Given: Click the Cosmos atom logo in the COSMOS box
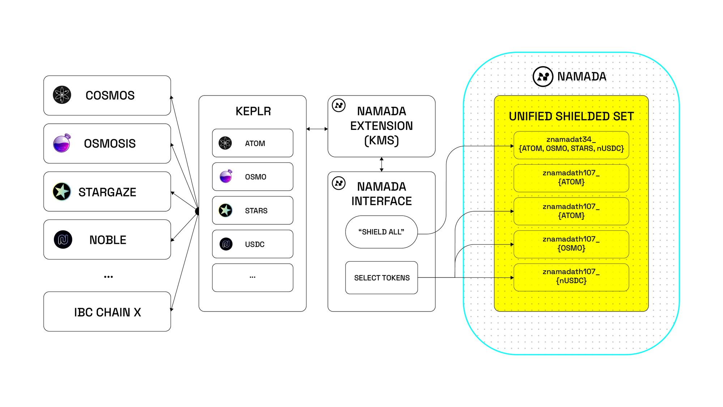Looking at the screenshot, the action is [x=62, y=95].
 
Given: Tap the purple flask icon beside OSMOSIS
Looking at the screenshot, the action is [x=62, y=143].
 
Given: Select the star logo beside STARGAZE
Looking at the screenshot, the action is [x=62, y=191].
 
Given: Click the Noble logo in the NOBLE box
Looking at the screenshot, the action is [x=63, y=239].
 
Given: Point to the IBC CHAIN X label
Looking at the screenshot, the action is [x=107, y=312].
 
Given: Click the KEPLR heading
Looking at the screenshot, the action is [x=253, y=111].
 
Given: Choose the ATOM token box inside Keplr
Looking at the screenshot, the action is [x=253, y=143].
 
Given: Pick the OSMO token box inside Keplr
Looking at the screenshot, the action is [x=253, y=177].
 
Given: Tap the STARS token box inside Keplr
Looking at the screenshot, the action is [x=253, y=210].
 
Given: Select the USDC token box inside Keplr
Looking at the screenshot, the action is [x=253, y=244].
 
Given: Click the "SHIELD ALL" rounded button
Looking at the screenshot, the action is [x=381, y=232].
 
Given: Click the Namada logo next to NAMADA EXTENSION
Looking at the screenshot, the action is [x=339, y=105].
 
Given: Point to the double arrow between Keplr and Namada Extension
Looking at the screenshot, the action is [x=317, y=129].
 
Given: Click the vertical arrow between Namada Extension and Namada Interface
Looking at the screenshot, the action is [x=381, y=164].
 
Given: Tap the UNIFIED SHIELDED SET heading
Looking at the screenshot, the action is [x=571, y=116].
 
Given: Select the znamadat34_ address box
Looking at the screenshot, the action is [x=571, y=145].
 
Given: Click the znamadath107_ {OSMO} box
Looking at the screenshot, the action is [x=571, y=244].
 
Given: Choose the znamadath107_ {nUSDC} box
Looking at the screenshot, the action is [x=571, y=277].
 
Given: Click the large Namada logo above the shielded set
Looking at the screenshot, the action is [x=543, y=76].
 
